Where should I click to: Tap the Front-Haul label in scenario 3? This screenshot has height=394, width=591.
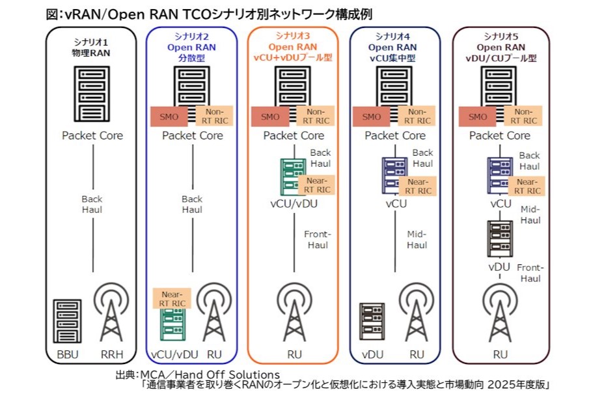click(318, 240)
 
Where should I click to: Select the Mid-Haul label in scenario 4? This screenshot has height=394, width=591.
click(417, 240)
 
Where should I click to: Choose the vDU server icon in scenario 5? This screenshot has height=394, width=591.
click(499, 239)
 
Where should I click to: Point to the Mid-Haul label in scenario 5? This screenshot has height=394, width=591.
click(531, 216)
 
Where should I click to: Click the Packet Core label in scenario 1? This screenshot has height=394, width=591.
click(92, 135)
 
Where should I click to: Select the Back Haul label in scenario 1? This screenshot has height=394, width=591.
click(92, 204)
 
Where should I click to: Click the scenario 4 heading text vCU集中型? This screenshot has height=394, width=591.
click(394, 57)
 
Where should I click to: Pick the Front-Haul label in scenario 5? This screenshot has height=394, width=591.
click(530, 273)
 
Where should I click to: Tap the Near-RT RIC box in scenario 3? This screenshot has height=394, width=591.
click(317, 186)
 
